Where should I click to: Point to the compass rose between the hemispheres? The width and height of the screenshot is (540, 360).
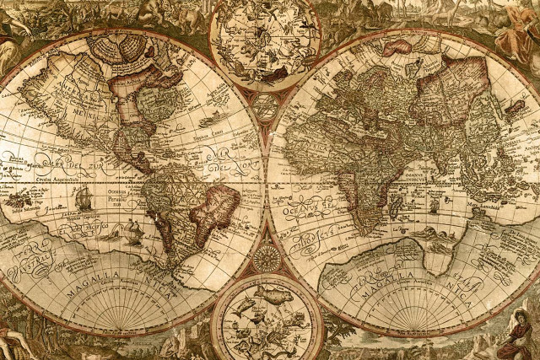(266, 257)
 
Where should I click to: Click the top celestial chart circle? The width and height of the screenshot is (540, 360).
(265, 42)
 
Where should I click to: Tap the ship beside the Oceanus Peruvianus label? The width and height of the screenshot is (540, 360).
(83, 198)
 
